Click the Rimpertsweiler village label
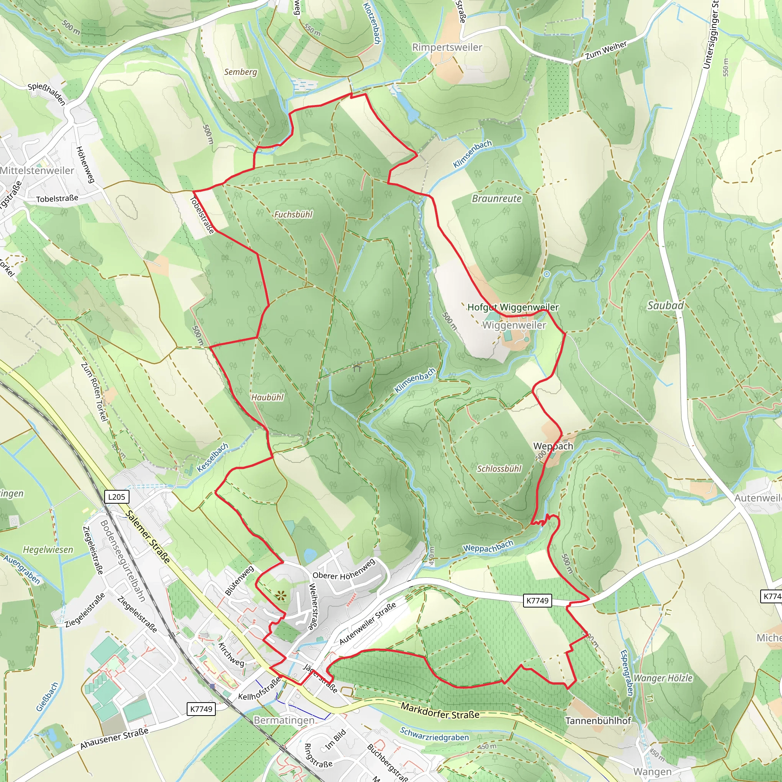[447, 47]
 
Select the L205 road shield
[116, 497]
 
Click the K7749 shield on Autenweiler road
[537, 601]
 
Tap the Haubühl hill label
[267, 397]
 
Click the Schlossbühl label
[499, 469]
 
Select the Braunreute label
[497, 199]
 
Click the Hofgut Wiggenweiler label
[513, 307]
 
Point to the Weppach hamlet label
[553, 446]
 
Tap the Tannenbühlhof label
[598, 721]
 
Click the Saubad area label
[666, 305]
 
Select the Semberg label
[241, 72]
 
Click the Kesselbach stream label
[213, 458]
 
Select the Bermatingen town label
[284, 721]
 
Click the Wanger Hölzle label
[662, 678]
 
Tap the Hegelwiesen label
[48, 550]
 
